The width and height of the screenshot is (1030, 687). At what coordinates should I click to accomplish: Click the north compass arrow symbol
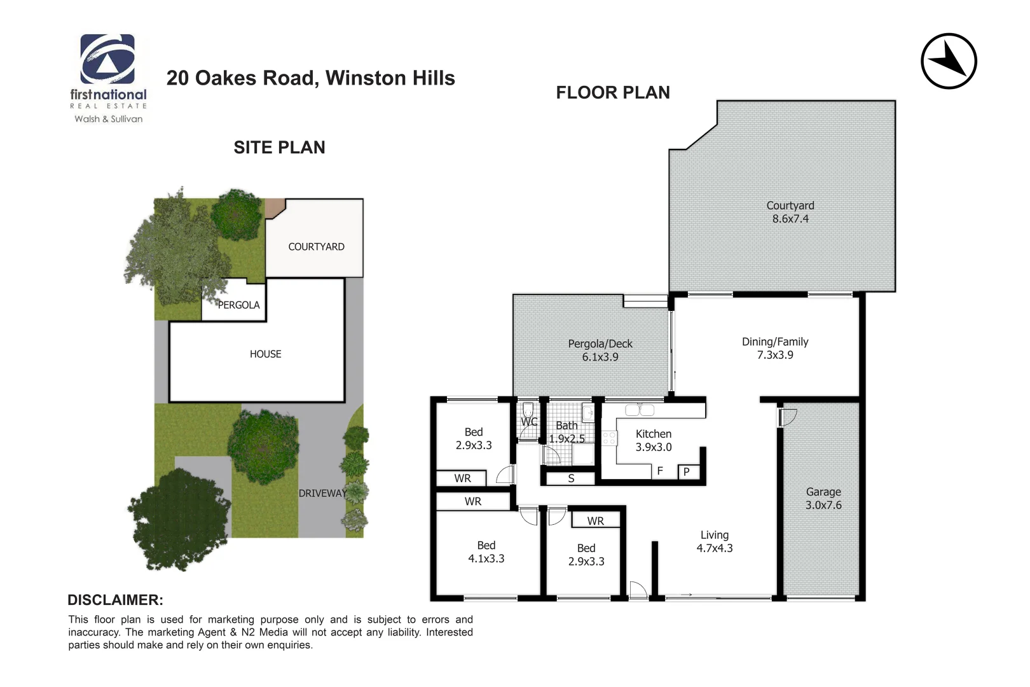click(949, 61)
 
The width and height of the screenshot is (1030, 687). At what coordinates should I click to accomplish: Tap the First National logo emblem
click(107, 59)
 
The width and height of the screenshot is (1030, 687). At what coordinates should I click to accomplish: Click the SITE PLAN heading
click(279, 148)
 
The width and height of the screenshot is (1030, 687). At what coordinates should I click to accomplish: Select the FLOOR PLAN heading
click(613, 93)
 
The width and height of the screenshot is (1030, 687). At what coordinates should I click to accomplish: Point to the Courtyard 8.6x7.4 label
click(790, 212)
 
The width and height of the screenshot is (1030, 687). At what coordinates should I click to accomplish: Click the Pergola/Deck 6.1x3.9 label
click(600, 350)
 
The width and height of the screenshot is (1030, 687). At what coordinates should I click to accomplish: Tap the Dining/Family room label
click(775, 348)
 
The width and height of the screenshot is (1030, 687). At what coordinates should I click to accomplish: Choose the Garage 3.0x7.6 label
click(823, 498)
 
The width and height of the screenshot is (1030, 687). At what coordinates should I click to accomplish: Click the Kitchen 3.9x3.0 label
click(654, 440)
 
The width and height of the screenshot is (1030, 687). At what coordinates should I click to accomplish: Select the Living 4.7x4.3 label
click(715, 541)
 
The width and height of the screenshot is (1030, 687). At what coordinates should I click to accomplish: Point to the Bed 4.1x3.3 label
click(486, 552)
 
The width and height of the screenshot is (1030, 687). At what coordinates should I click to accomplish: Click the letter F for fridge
click(660, 471)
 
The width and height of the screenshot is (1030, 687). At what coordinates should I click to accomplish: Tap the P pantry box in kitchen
click(687, 472)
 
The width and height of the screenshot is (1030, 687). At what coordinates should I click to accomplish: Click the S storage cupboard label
click(571, 478)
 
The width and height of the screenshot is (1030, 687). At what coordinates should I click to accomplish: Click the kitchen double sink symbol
click(640, 410)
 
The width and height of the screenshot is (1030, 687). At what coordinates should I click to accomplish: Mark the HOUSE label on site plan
click(265, 354)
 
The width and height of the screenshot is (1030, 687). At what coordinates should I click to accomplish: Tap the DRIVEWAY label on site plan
click(323, 493)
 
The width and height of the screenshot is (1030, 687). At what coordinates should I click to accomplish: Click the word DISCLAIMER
click(115, 600)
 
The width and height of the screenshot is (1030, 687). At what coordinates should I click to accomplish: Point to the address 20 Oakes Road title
click(310, 78)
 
